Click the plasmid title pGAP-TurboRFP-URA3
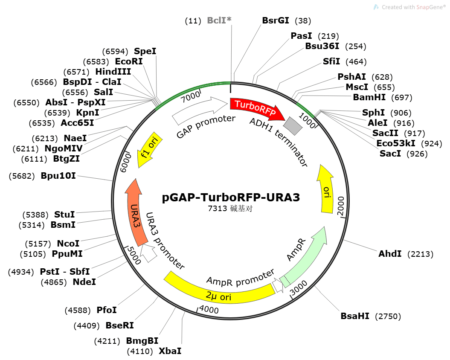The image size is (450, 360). pyautogui.click(x=231, y=198)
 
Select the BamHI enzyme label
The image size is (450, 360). pyautogui.click(x=369, y=97)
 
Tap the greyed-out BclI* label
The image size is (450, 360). pyautogui.click(x=219, y=20)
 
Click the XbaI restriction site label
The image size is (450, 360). pyautogui.click(x=170, y=351)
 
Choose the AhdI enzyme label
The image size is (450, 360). pyautogui.click(x=390, y=254)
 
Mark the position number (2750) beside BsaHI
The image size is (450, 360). pyautogui.click(x=388, y=316)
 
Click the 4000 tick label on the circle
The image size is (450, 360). pyautogui.click(x=209, y=310)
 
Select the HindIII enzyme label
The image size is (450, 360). pyautogui.click(x=113, y=71)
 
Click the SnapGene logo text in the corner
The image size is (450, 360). pyautogui.click(x=412, y=7)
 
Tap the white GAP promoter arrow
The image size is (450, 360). pyautogui.click(x=200, y=108)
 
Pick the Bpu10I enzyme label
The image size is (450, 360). pyautogui.click(x=58, y=175)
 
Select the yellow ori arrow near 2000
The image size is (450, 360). pyautogui.click(x=327, y=188)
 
